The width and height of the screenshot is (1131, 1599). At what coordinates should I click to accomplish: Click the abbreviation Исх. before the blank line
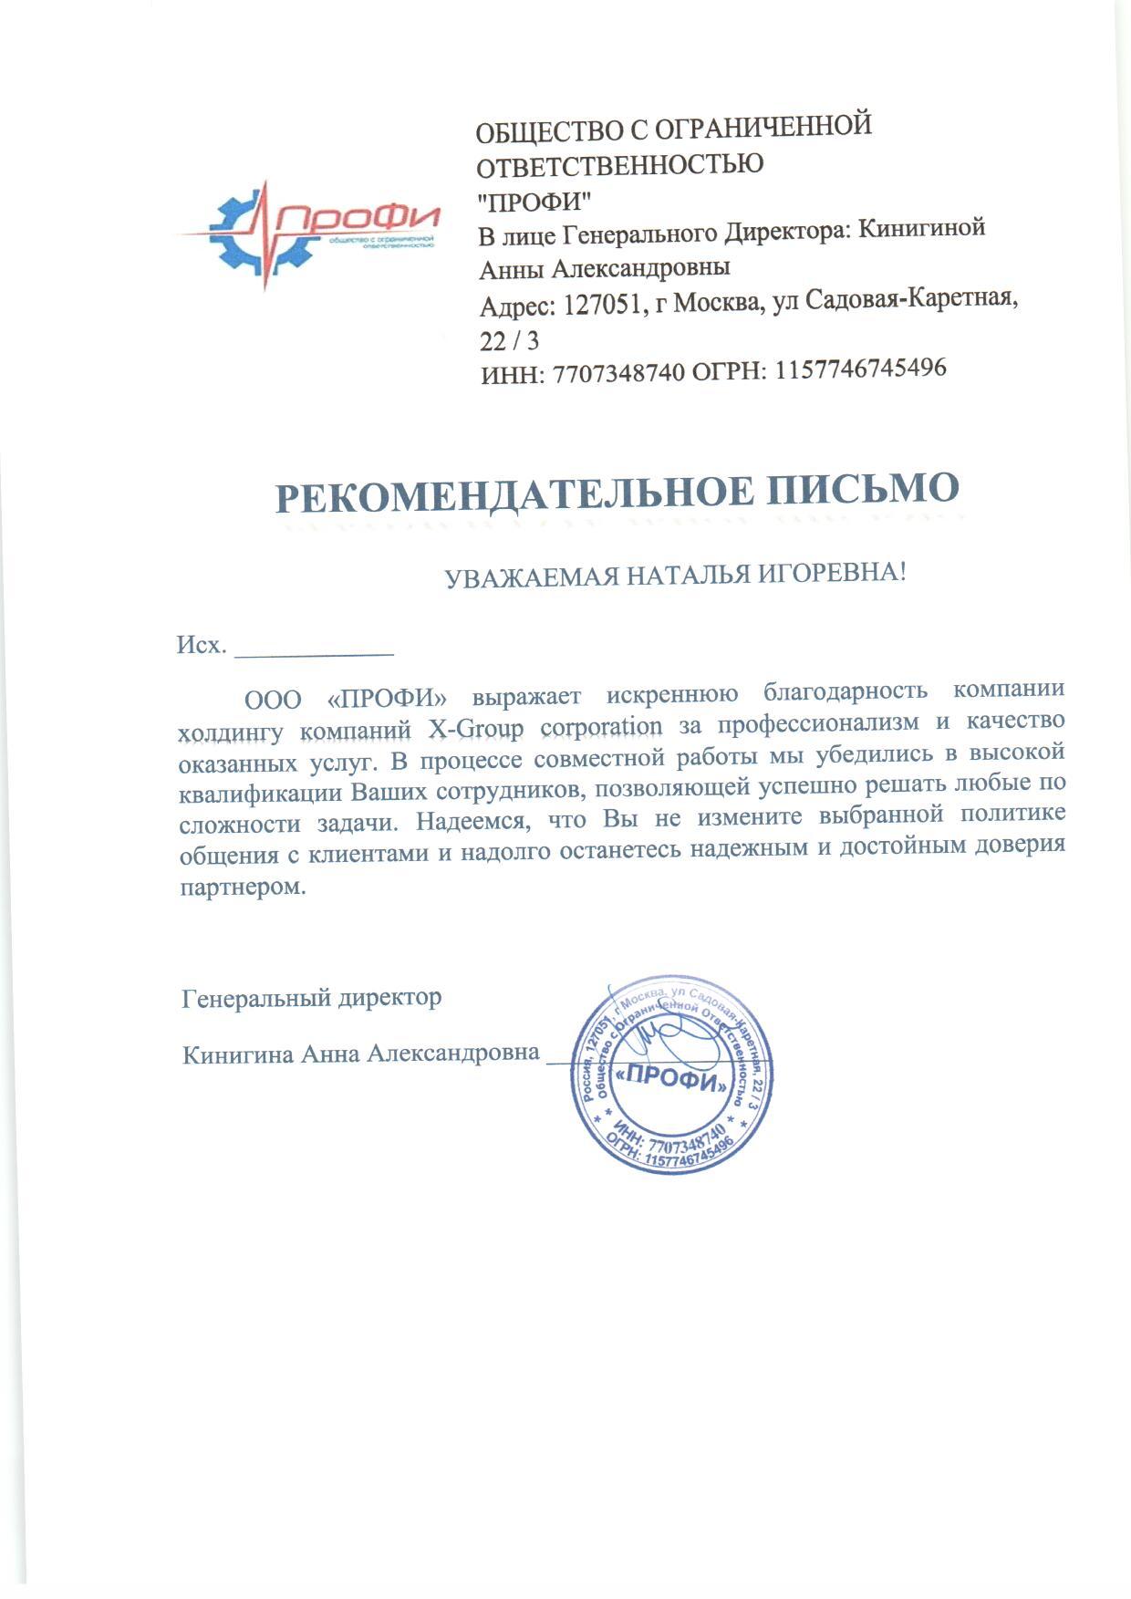pos(201,646)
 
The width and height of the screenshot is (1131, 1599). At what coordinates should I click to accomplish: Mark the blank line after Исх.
pos(314,653)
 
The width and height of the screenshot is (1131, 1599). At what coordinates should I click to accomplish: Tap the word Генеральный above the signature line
pos(256,998)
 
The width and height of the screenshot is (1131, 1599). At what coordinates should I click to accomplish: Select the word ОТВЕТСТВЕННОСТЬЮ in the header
pos(621,165)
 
